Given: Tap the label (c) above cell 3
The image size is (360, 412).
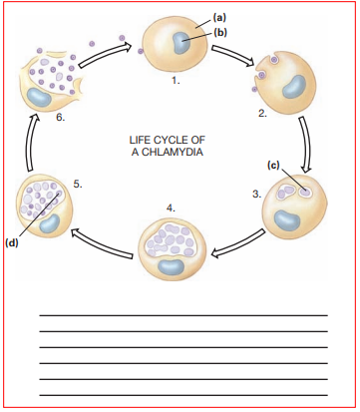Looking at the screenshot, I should (x=273, y=165).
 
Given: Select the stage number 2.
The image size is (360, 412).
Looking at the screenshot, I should (x=262, y=115).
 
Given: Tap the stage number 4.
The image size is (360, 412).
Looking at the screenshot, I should (x=171, y=206).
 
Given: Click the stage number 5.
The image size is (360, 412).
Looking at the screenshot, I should (x=77, y=184).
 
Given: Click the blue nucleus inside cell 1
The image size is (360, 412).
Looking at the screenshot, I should (x=182, y=44).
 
